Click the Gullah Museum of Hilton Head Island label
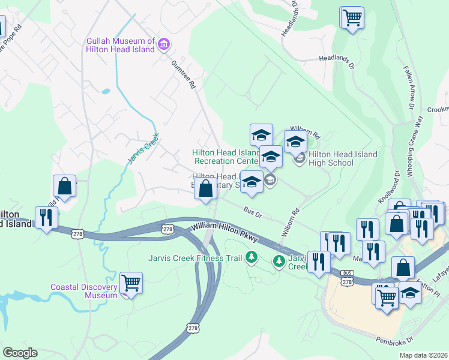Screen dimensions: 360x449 (121, 46)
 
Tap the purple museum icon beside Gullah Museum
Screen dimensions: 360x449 (164, 44)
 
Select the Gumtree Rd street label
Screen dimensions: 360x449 (184, 75)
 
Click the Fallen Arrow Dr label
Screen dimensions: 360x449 (411, 89)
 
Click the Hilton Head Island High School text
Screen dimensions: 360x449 (343, 159)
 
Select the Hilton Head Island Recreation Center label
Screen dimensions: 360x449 (225, 157)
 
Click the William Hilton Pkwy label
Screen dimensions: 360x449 (225, 233)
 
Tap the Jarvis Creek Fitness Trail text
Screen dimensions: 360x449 (195, 258)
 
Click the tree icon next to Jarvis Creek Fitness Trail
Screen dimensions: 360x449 (252, 258)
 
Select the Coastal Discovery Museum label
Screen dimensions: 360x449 (84, 291)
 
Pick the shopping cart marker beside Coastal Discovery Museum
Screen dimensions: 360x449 (131, 283)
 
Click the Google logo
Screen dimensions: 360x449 (20, 353)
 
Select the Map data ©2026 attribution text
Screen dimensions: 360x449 (423, 355)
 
